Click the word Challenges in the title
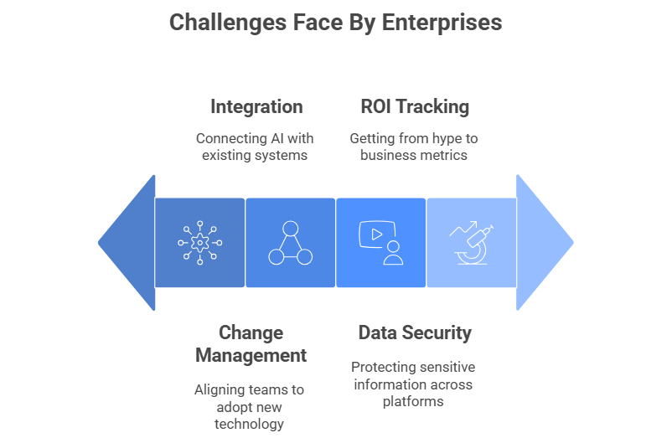(228, 23)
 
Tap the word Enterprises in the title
(442, 23)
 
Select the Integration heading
(256, 107)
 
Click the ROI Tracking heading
(415, 106)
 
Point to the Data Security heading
(415, 333)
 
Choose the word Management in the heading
(251, 356)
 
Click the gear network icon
(199, 243)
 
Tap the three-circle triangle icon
(291, 243)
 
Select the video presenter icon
(381, 243)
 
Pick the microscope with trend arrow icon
(472, 243)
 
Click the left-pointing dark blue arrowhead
(127, 243)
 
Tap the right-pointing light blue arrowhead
(545, 243)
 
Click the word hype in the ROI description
(447, 139)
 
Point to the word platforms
(413, 402)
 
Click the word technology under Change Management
(250, 425)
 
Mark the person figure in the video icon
(393, 253)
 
